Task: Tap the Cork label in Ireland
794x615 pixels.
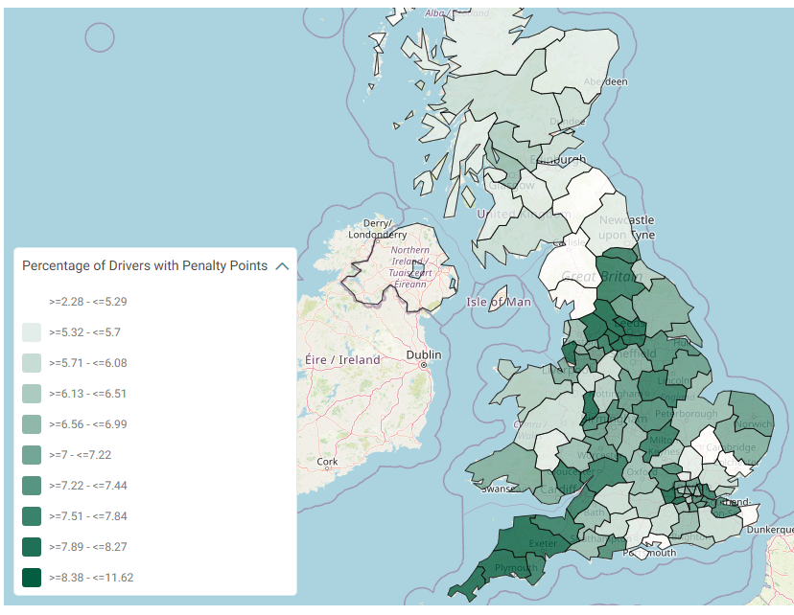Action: pos(327,461)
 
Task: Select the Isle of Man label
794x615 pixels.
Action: pos(498,303)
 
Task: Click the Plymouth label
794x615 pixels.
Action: pos(515,567)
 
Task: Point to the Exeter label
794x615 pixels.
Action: pos(543,543)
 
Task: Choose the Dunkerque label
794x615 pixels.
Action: pos(770,529)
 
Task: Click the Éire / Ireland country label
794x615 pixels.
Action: pos(342,360)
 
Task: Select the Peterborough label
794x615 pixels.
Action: pos(687,414)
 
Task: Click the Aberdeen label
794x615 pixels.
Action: pos(605,81)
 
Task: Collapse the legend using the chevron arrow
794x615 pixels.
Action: pos(282,266)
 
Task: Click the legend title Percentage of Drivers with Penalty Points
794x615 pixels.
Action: pos(145,266)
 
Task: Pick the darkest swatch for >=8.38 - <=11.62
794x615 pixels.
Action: pos(32,578)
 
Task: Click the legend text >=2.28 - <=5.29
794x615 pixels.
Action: pos(87,301)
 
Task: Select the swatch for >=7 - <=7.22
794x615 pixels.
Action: pos(32,455)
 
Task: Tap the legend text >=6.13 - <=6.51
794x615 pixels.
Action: pos(87,394)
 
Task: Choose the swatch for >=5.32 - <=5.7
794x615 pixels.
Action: pos(32,332)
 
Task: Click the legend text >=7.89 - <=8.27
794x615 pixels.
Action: pos(87,547)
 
